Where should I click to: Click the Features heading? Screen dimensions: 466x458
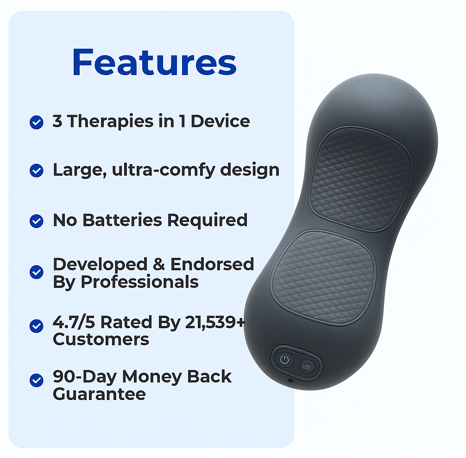click(x=154, y=62)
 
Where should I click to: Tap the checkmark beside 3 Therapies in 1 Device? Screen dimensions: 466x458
click(x=37, y=122)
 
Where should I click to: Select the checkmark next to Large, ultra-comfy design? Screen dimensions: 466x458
click(x=37, y=171)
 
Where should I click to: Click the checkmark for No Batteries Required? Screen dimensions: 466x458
click(x=37, y=221)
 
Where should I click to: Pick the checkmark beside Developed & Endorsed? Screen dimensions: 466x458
click(x=37, y=272)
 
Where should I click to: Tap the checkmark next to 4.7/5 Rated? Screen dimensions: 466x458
click(x=37, y=326)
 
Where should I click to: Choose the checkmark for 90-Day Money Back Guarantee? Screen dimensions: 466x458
click(x=37, y=381)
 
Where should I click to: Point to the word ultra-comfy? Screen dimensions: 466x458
click(x=164, y=171)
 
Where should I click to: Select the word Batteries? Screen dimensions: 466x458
click(x=122, y=220)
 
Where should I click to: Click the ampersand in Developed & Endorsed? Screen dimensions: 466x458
click(x=159, y=264)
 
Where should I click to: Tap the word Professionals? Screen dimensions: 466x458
click(x=139, y=282)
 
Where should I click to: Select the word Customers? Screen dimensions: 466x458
click(x=101, y=339)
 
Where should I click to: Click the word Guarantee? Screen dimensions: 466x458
click(x=99, y=394)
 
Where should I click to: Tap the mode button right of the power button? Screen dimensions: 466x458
click(x=307, y=367)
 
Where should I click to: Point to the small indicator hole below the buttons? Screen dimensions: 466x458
click(x=290, y=381)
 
